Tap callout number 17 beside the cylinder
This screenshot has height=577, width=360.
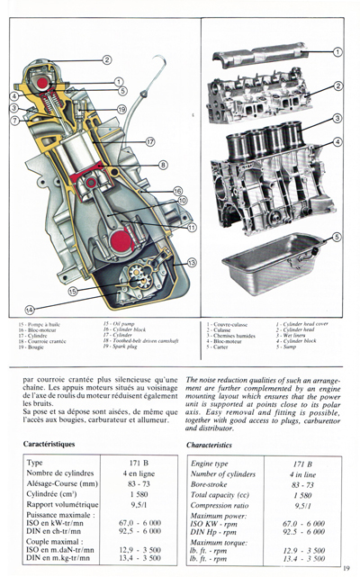(x=150, y=141)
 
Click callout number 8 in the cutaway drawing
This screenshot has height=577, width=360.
(x=163, y=165)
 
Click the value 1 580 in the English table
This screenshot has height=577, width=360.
(x=302, y=495)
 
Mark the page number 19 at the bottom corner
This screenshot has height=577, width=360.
(x=346, y=567)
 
